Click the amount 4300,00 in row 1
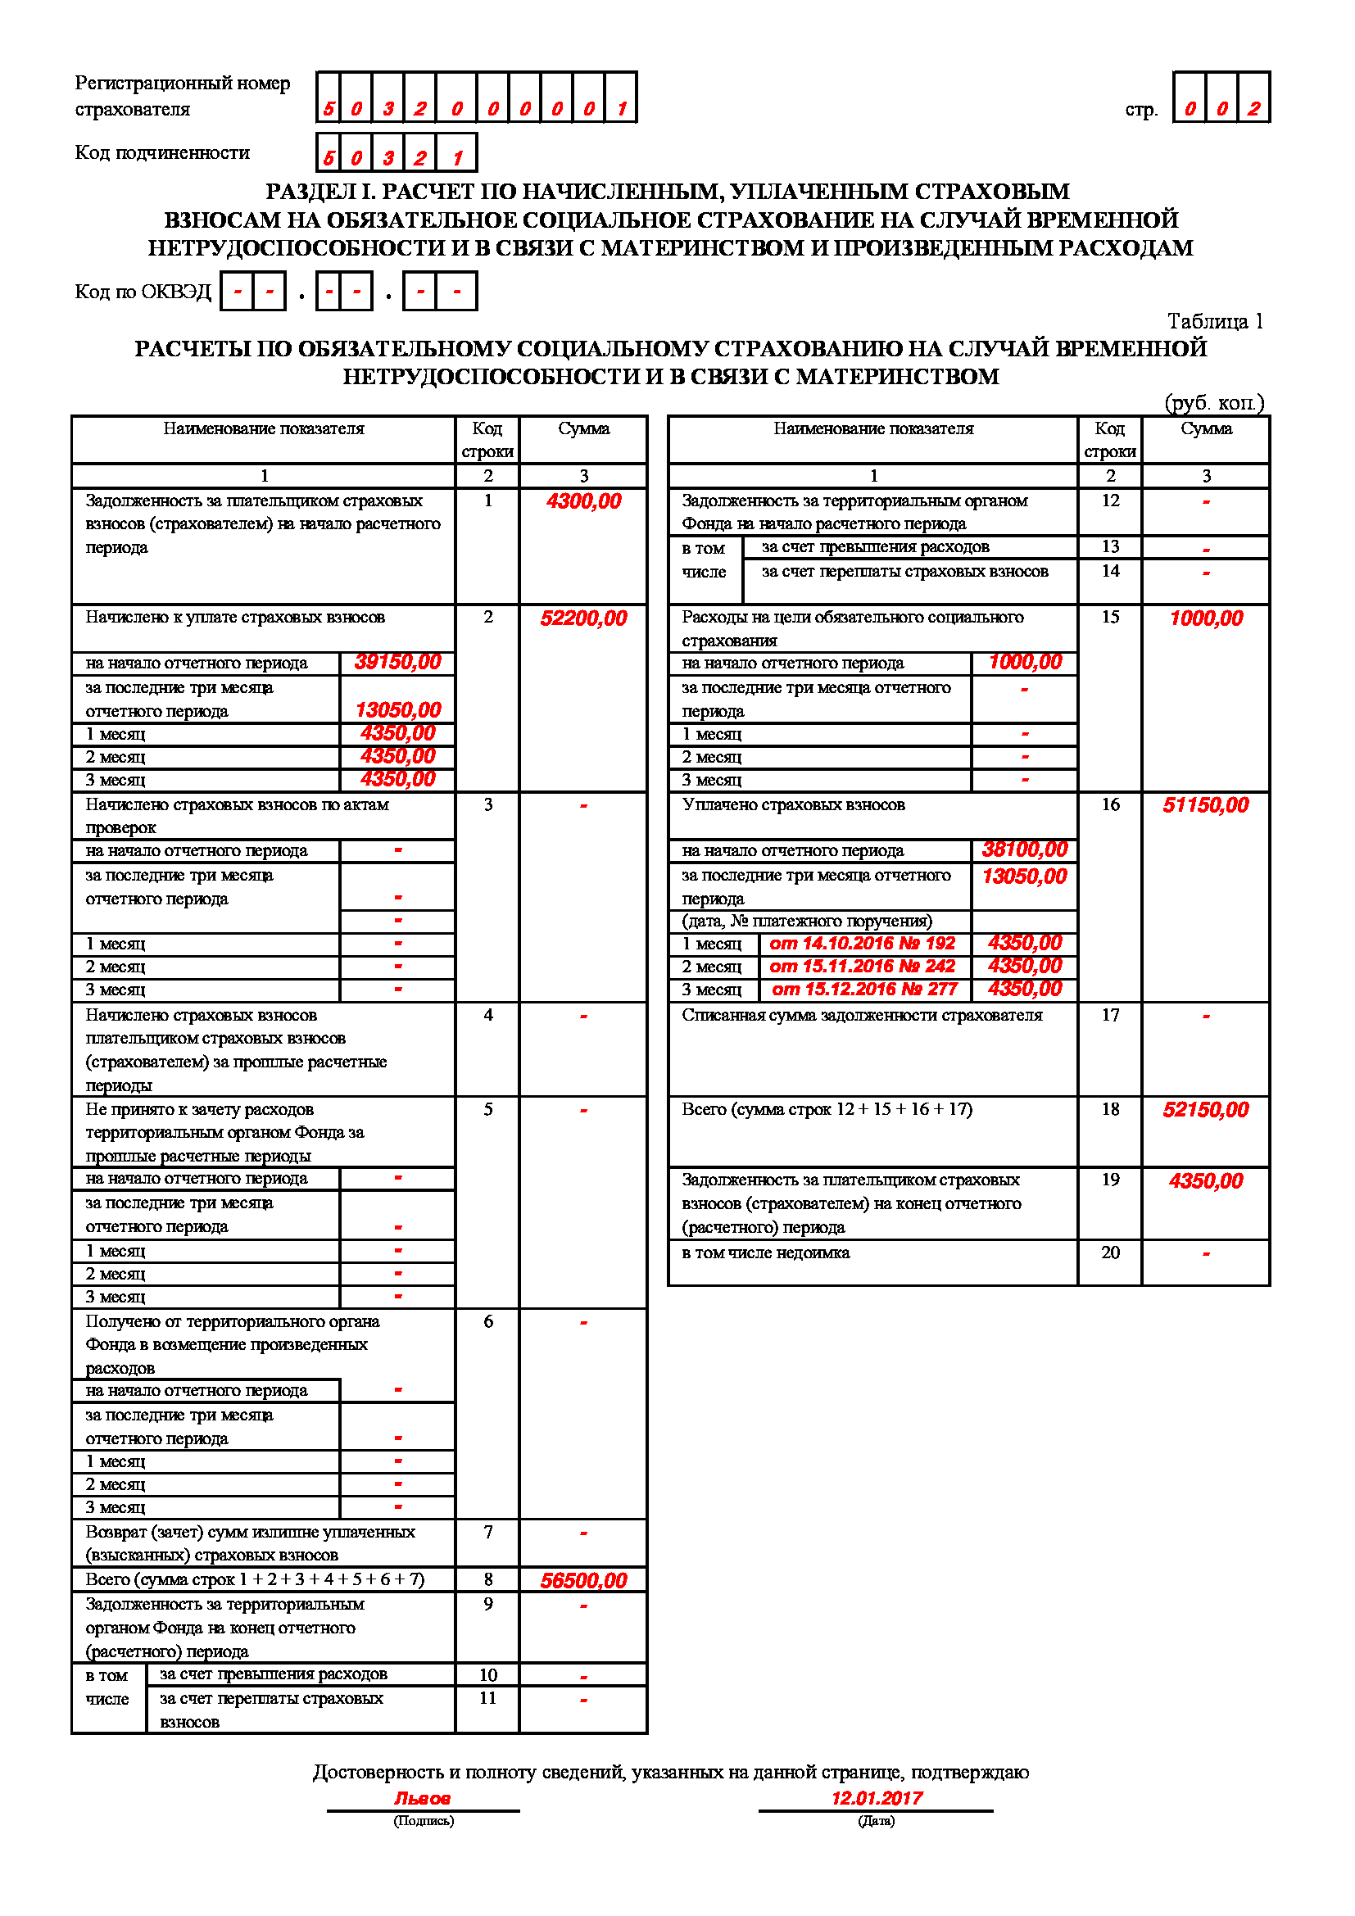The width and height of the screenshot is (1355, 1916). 583,501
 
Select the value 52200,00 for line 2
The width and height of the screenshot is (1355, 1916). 583,618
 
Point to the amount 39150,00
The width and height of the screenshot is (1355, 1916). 397,663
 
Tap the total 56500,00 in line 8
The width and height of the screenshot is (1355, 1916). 583,1580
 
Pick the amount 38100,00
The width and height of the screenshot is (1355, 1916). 1024,850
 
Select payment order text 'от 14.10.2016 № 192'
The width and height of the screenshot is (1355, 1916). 862,944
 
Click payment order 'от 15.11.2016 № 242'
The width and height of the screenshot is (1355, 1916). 862,967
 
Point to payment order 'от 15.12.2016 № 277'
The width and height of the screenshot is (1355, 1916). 864,990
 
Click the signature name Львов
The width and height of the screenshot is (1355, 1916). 422,1798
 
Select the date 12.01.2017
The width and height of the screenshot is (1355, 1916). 876,1798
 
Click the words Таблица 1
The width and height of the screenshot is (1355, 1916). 1215,322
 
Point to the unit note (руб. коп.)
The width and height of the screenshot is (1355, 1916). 1214,403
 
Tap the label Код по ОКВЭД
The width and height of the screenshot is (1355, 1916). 143,292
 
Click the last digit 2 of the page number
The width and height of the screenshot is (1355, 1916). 1253,108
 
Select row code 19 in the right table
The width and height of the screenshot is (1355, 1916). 1110,1180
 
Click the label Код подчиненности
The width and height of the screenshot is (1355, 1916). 163,152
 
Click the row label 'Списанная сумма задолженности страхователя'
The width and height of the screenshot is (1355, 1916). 862,1016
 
